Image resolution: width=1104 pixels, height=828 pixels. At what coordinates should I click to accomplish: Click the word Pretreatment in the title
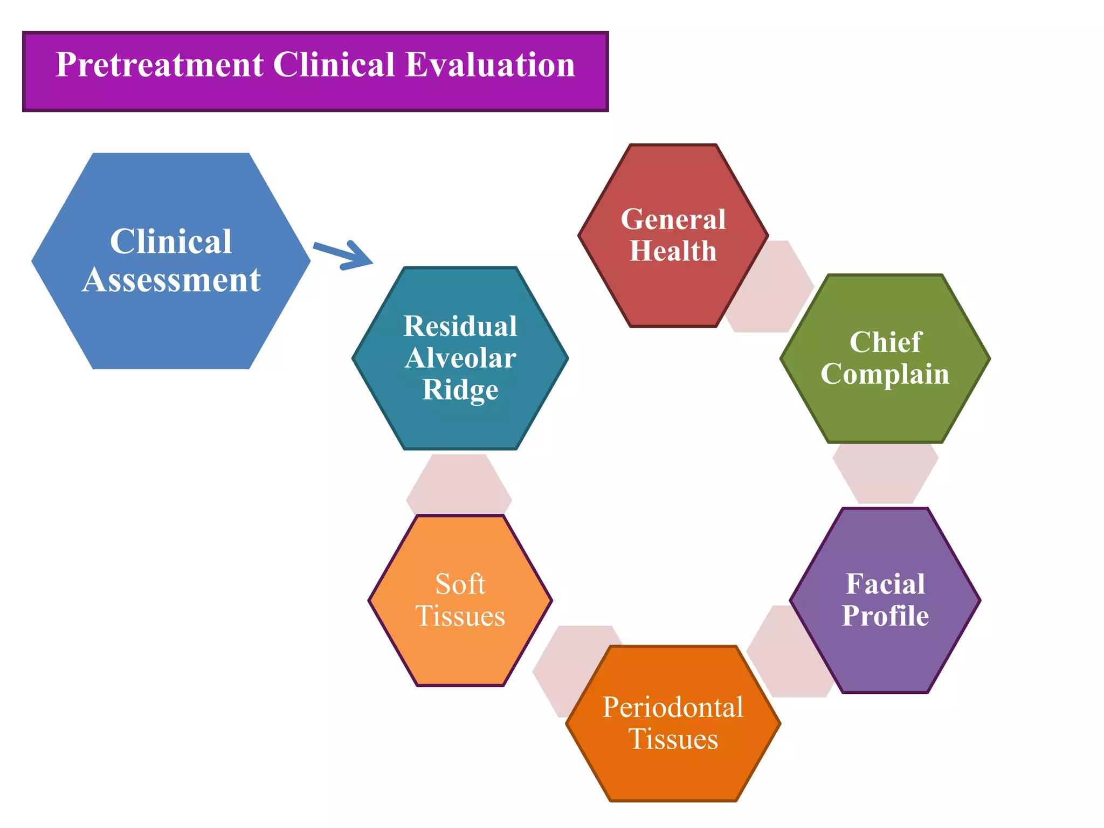[x=160, y=65]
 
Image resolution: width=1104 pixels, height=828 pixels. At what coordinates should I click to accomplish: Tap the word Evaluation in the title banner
[x=490, y=65]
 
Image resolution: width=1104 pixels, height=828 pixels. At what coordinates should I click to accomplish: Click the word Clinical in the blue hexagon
[x=171, y=241]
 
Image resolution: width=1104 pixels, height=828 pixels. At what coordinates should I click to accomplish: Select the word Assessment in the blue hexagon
[x=171, y=280]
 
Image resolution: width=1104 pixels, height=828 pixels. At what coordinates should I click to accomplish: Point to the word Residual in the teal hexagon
[x=460, y=326]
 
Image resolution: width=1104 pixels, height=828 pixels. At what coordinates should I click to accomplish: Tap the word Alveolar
[x=460, y=358]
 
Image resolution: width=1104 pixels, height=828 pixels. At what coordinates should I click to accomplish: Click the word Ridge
[x=460, y=390]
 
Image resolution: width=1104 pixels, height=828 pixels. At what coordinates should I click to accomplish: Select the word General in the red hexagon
[x=673, y=219]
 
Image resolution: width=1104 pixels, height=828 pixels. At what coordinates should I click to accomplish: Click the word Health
[x=673, y=251]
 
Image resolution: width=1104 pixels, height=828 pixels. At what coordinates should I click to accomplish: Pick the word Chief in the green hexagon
[x=885, y=342]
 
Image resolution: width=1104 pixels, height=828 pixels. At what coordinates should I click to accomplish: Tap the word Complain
[x=885, y=374]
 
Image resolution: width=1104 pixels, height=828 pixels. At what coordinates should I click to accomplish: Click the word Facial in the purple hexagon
[x=885, y=584]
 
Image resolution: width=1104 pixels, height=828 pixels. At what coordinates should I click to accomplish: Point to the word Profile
[x=885, y=616]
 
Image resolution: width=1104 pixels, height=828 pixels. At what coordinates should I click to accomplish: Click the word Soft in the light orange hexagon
[x=460, y=584]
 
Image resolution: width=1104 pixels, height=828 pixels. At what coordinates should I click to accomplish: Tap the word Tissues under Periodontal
[x=673, y=739]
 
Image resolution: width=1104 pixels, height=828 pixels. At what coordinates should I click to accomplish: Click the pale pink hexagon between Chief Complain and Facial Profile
[x=885, y=474]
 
